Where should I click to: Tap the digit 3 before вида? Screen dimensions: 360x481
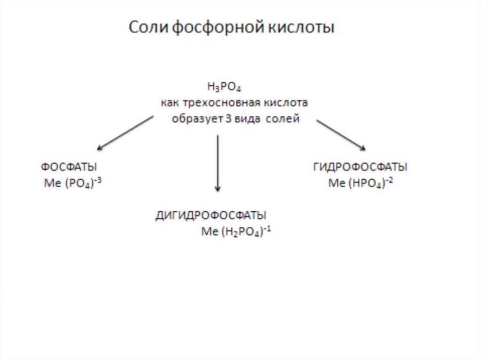coord(228,119)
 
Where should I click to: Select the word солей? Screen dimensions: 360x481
coord(282,119)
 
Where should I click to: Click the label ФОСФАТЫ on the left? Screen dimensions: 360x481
coord(69,167)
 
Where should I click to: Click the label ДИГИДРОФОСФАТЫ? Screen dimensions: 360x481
coord(211,215)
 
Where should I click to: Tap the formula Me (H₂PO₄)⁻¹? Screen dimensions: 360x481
coord(236,231)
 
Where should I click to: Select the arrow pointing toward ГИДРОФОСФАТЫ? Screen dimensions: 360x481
coord(341,135)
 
